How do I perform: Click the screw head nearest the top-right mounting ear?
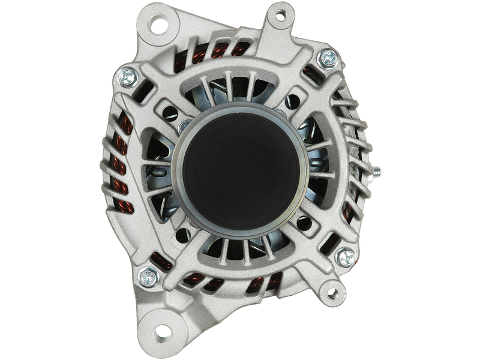coord(329,58)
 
